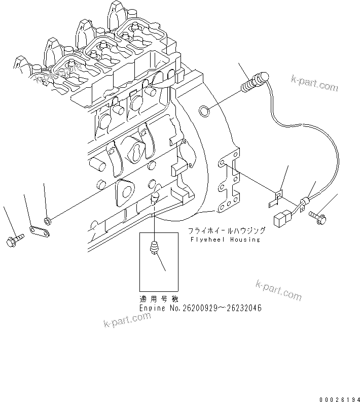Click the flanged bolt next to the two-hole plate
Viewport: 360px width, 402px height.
(13, 240)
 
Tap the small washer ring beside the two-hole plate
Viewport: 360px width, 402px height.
(47, 220)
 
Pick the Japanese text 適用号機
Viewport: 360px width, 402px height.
(157, 299)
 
